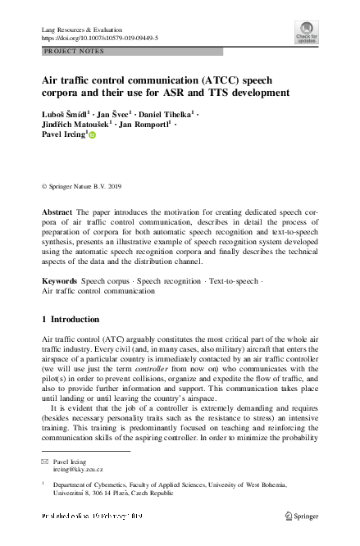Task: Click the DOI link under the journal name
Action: pyautogui.click(x=100, y=39)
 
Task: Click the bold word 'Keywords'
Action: pyautogui.click(x=60, y=280)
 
